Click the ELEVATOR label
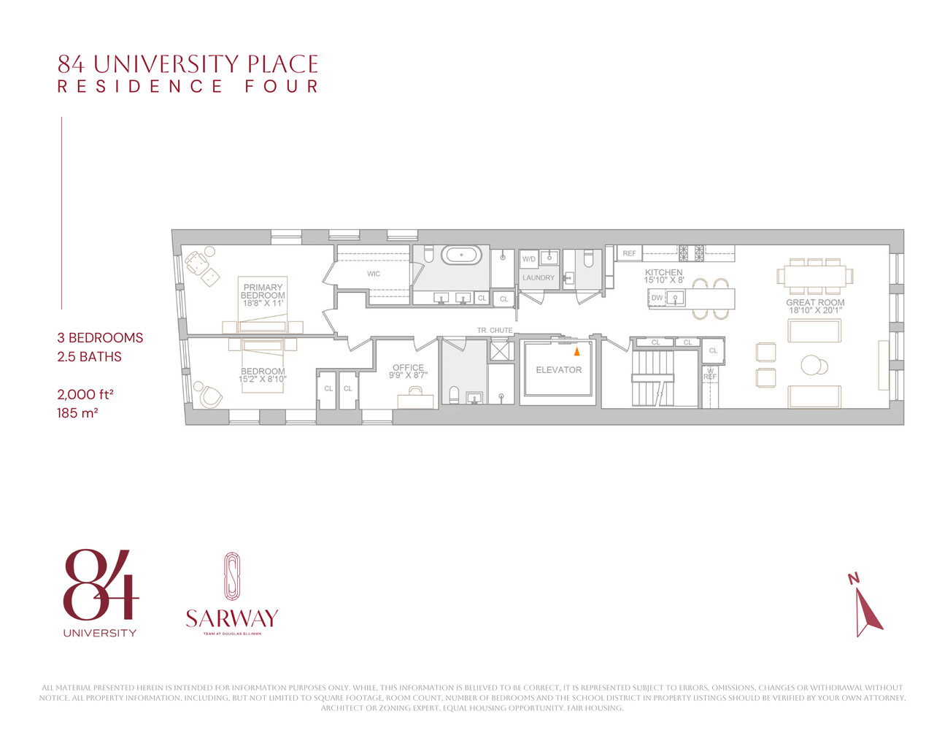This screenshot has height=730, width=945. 558,370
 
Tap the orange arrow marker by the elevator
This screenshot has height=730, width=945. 576,351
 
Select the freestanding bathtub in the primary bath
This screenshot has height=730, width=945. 461,255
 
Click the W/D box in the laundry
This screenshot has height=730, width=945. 529,259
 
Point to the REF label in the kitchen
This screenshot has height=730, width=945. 629,253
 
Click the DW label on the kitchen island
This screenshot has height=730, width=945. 657,298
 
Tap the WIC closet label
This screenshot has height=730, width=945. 374,274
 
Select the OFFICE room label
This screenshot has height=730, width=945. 408,368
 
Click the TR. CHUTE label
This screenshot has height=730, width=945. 495,331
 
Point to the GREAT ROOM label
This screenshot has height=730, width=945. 815,302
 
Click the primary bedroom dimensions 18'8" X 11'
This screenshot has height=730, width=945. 263,303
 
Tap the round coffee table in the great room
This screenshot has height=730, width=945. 813,365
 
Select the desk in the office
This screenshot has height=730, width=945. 415,400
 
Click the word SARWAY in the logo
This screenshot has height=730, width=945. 232,619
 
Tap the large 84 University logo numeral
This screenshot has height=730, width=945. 100,584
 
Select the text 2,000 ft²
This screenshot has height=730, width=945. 85,394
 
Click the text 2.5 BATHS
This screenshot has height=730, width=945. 89,357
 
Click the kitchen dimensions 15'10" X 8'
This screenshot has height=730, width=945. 664,280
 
